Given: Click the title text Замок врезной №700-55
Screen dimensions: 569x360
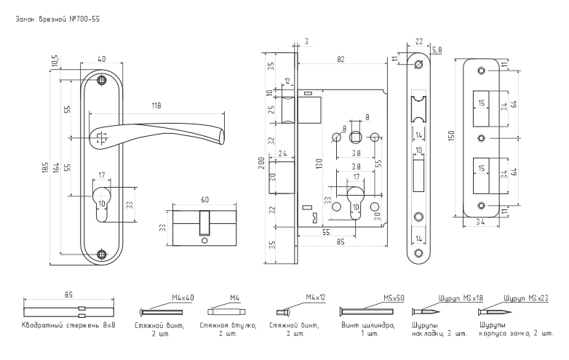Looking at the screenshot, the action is [x=57, y=20].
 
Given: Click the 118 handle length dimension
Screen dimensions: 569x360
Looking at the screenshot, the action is [x=156, y=106].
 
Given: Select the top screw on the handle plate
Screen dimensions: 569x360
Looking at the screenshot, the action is [x=102, y=79].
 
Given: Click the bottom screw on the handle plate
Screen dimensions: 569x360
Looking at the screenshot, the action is [x=102, y=254].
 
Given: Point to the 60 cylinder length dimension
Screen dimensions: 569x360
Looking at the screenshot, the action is [x=204, y=200].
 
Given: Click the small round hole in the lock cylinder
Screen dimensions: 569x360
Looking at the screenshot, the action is [x=204, y=241].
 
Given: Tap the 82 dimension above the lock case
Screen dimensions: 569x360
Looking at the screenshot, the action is [x=341, y=59].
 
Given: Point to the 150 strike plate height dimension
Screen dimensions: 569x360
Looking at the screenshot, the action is [x=451, y=136].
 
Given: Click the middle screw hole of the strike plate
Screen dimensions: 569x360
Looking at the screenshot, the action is [x=481, y=138].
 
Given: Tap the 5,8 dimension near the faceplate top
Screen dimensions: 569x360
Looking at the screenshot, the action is [x=437, y=50].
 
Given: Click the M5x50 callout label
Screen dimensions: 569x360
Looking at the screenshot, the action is [x=394, y=298].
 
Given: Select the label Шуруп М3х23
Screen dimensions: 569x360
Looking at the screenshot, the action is [x=526, y=298].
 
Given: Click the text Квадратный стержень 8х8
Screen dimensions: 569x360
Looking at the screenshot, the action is [x=68, y=325].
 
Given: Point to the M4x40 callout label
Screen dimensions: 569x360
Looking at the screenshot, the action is [x=183, y=297].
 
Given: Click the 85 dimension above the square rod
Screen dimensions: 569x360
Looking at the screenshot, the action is [x=68, y=295].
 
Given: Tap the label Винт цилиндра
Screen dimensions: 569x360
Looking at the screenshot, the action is [x=367, y=325].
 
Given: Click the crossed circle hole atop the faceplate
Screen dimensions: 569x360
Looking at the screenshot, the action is [x=419, y=64].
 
